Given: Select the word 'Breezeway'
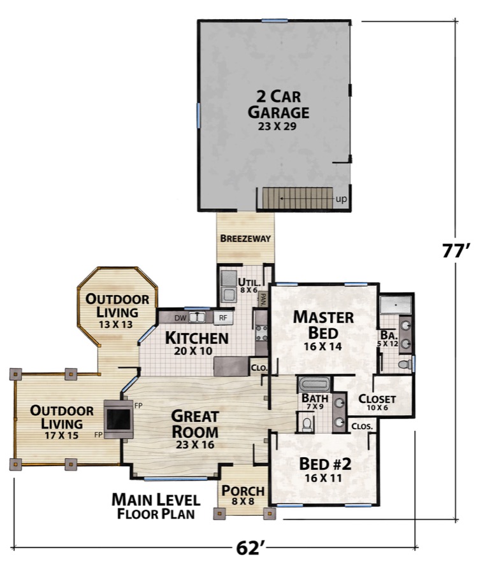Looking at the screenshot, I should coord(245,239).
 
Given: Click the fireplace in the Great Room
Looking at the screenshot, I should coord(119,419).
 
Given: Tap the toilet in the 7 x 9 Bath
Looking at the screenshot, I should coord(306,423).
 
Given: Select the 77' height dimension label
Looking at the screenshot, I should coord(456,250).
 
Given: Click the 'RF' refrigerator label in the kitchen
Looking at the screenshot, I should coord(223,316).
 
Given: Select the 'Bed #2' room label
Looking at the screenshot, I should coord(325,468).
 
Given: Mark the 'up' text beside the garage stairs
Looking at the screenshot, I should coord(342,199).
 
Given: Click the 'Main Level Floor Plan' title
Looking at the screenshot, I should coord(156,506).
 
